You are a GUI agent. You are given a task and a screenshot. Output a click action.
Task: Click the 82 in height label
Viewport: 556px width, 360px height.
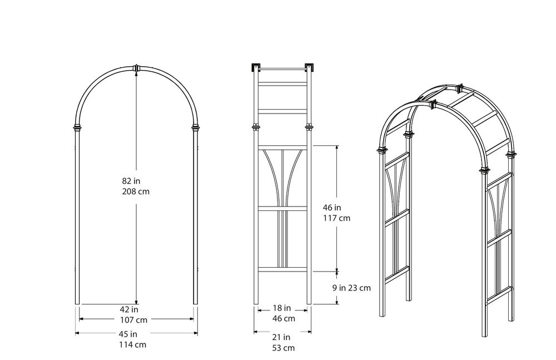pyautogui.click(x=131, y=181)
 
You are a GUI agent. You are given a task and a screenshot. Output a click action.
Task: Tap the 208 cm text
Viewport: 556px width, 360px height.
pyautogui.click(x=136, y=192)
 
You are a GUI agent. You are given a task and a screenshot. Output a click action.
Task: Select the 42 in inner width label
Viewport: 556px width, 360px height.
pyautogui.click(x=130, y=309)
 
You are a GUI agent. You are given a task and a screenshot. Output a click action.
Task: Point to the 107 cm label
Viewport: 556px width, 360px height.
pyautogui.click(x=133, y=320)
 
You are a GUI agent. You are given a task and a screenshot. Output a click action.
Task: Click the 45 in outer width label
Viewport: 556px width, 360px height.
pyautogui.click(x=128, y=334)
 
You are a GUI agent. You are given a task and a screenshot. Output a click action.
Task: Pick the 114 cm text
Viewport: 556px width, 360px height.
pyautogui.click(x=133, y=345)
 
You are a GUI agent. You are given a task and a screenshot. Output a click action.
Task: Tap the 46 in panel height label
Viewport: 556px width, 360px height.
pyautogui.click(x=332, y=208)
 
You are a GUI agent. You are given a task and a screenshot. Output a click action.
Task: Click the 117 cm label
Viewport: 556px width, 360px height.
pyautogui.click(x=336, y=218)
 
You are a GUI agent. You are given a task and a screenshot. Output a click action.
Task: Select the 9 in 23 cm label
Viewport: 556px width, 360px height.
pyautogui.click(x=352, y=288)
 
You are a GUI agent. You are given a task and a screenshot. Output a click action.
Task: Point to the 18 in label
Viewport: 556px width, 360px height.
pyautogui.click(x=282, y=308)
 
